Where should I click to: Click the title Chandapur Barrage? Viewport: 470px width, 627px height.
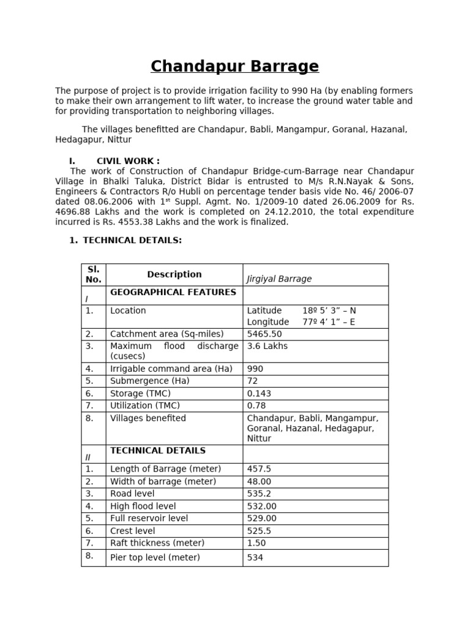pos(235,66)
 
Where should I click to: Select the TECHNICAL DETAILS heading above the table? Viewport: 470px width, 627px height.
pos(132,240)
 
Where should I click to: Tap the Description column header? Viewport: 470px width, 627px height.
pos(174,274)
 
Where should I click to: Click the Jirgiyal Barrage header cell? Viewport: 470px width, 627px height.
pos(279,279)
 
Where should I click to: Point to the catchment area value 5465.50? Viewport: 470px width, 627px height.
pos(264,334)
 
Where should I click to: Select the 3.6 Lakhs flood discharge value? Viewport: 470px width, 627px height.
pos(267,346)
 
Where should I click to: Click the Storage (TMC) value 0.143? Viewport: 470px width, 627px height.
pos(259,393)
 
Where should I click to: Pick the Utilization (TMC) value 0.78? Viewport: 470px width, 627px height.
pos(256,405)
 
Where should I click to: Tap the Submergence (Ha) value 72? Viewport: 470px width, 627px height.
pos(252,381)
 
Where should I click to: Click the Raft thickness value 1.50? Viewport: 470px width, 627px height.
pos(257,543)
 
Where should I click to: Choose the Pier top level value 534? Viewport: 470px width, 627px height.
pos(255,557)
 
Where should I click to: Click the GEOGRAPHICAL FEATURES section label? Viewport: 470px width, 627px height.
pos(173,293)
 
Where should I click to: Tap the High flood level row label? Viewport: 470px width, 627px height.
pos(143,506)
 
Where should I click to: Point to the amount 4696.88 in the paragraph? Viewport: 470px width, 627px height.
pos(72,212)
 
